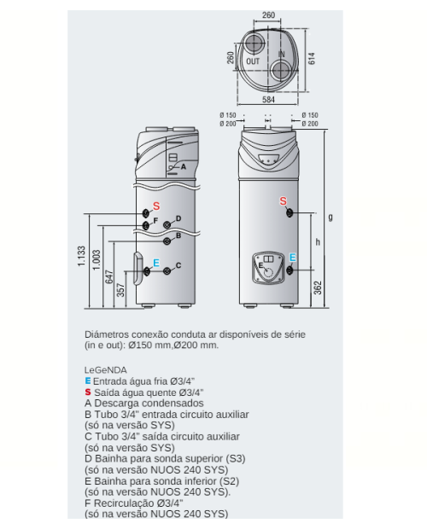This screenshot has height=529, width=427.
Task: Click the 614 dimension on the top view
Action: click(x=312, y=59)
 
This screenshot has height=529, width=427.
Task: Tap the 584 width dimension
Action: click(x=268, y=100)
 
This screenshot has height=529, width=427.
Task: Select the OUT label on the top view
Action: click(x=253, y=61)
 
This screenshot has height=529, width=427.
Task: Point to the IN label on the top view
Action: click(x=282, y=54)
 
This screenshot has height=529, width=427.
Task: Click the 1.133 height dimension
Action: click(x=81, y=256)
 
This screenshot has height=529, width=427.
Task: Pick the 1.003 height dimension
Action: click(x=97, y=259)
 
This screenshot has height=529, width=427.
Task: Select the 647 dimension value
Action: click(x=109, y=276)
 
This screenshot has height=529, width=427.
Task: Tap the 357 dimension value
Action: click(x=120, y=290)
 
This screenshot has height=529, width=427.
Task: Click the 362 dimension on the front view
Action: click(x=318, y=288)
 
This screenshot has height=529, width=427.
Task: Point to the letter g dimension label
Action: click(x=330, y=218)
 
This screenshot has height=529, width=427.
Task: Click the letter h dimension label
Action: click(x=318, y=242)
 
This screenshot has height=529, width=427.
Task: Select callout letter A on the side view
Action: click(x=184, y=166)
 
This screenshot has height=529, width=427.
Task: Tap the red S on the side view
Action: click(x=156, y=206)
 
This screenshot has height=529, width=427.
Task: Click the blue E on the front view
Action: click(x=292, y=258)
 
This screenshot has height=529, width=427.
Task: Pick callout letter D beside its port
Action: click(x=178, y=218)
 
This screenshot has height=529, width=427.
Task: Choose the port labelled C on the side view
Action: click(x=167, y=271)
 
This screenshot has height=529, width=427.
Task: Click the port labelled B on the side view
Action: click(x=167, y=241)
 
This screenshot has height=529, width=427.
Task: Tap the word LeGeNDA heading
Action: click(x=106, y=370)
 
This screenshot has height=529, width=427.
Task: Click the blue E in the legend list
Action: click(x=88, y=381)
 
